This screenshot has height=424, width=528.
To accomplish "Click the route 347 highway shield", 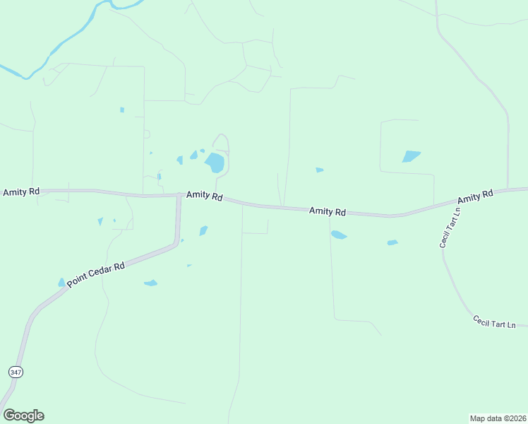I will [15, 371].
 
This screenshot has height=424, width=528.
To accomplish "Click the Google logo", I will [23, 416].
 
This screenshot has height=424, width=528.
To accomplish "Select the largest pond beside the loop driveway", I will [215, 163].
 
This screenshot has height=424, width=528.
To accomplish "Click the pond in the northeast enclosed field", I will [411, 156].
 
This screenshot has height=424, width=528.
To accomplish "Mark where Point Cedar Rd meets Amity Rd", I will [179, 196].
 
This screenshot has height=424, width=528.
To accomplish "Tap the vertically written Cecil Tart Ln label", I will [450, 227].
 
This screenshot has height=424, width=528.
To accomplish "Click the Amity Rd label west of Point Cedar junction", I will [21, 192].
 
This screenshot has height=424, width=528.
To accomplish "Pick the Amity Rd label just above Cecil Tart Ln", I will [474, 196].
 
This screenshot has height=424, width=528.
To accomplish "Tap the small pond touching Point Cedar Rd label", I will [61, 283].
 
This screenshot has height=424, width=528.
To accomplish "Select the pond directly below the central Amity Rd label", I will [339, 235].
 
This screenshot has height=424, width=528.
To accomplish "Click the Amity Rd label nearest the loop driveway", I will [205, 196].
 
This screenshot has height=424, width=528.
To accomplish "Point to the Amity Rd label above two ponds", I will [328, 211].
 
